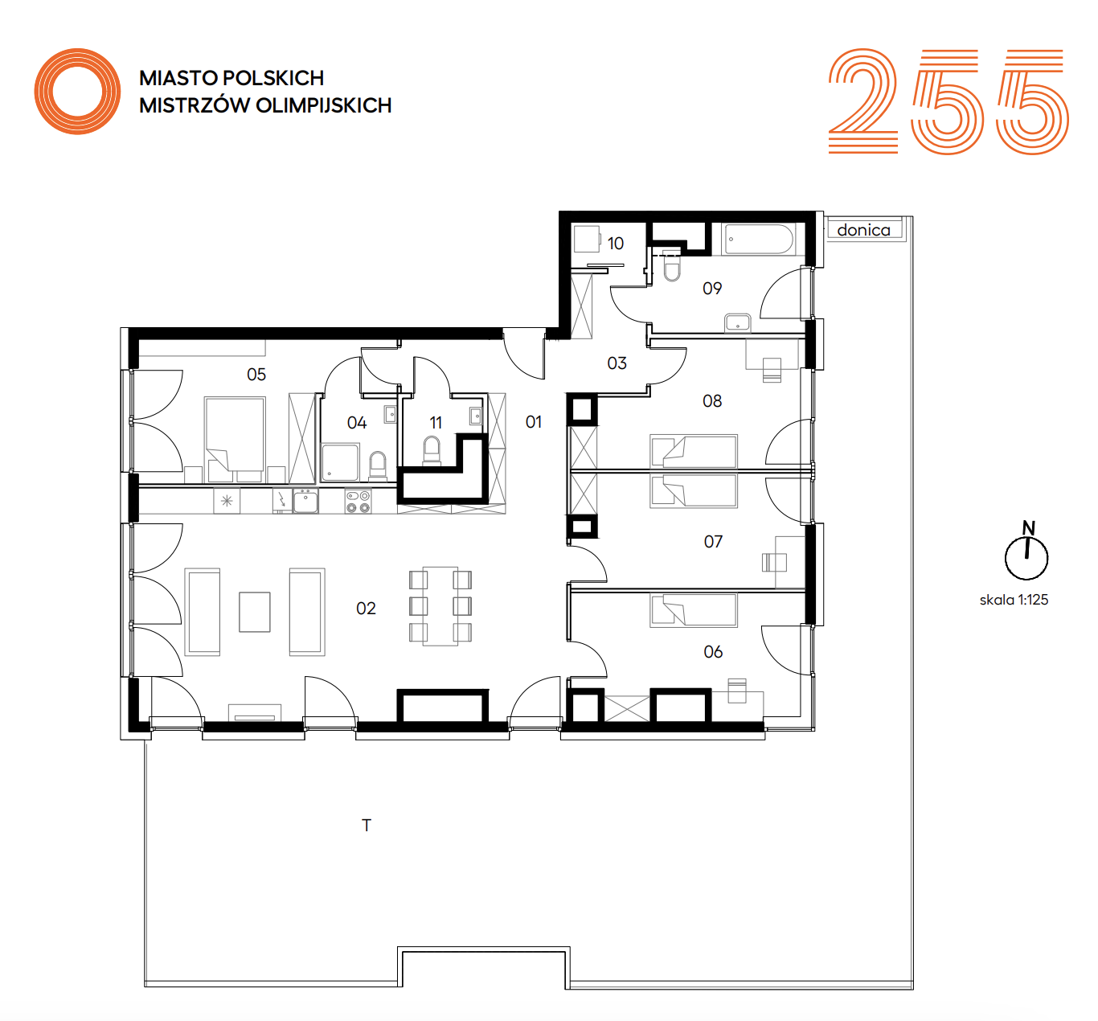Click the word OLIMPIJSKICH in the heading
(324, 105)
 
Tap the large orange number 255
(948, 101)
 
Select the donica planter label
(863, 230)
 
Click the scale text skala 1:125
(1014, 600)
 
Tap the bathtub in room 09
(759, 239)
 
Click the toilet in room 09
(672, 267)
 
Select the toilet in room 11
(432, 450)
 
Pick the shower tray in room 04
(339, 461)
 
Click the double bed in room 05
(235, 439)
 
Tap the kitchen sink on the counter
(305, 502)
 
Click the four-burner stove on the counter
(358, 502)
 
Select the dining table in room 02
(440, 606)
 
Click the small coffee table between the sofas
(254, 612)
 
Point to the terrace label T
(366, 825)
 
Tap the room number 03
(617, 363)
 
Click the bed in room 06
(694, 610)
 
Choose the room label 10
(615, 244)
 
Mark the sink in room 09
(738, 322)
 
